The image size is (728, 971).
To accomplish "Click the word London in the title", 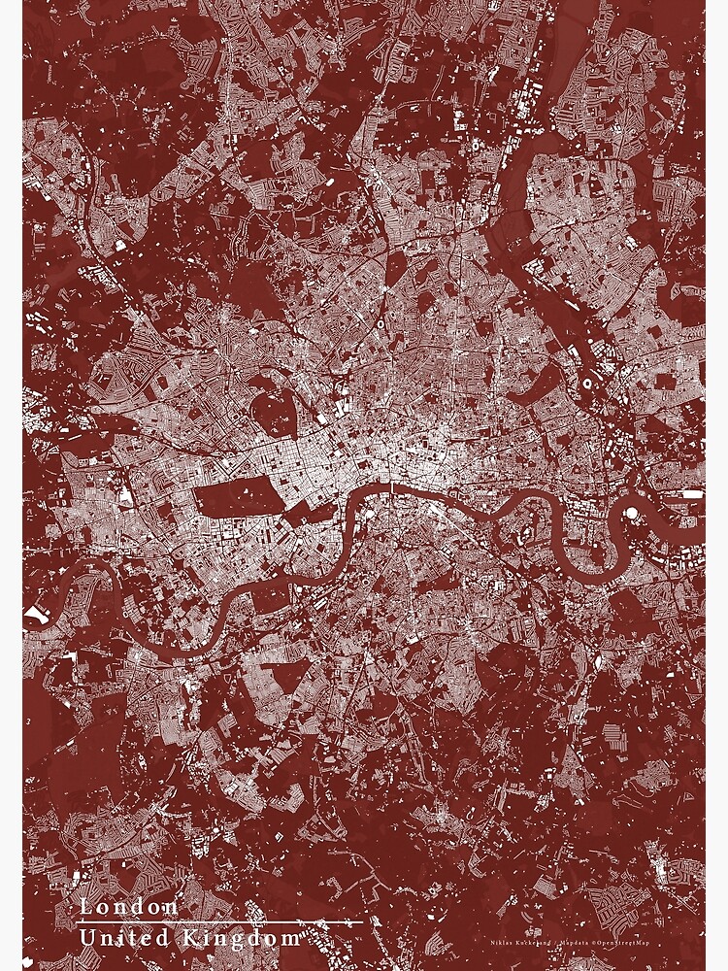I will click(x=129, y=907).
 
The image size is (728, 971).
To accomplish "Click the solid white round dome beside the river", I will click(x=632, y=512).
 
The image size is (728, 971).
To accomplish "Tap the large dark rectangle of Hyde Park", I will click(x=237, y=498).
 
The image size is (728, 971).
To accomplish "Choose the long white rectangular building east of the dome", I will click(x=691, y=494).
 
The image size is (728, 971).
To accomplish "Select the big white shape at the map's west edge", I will click(x=36, y=614).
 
